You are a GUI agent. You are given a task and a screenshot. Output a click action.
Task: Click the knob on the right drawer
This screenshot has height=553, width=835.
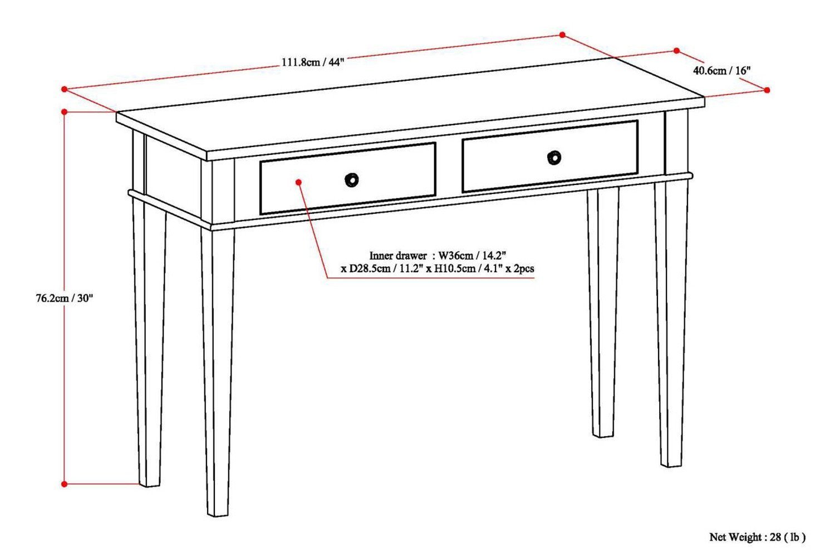point(553,158)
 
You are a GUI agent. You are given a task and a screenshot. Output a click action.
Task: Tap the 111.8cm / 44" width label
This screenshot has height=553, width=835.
point(313,62)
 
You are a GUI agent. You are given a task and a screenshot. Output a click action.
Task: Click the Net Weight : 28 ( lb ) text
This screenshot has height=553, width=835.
point(757,537)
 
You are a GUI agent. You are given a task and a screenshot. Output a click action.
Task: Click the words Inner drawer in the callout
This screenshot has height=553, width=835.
point(397,256)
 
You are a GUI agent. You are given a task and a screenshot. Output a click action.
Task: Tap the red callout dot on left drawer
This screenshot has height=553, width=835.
point(299,182)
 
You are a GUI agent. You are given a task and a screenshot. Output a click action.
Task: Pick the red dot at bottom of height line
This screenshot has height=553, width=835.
point(65,484)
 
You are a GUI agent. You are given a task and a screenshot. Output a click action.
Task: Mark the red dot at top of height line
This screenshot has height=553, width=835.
point(65,112)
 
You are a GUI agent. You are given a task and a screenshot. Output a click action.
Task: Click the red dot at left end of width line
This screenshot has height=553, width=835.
point(65,89)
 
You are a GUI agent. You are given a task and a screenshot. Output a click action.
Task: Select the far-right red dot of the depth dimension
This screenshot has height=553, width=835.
point(767,90)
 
